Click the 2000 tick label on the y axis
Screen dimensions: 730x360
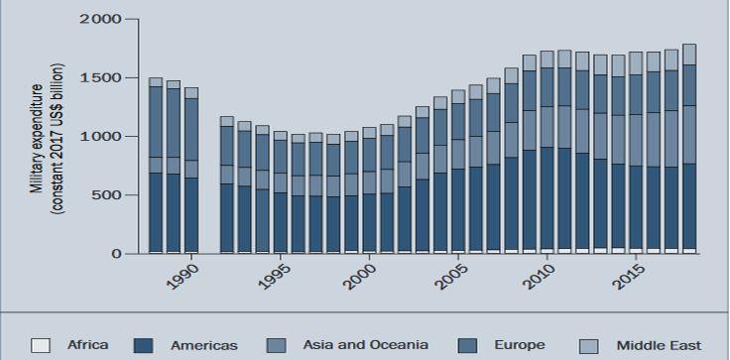[100, 20]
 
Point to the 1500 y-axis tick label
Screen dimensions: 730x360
[100, 77]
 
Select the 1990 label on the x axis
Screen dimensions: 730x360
[182, 277]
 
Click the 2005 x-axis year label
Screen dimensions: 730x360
[450, 277]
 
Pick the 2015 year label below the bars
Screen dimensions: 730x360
[629, 277]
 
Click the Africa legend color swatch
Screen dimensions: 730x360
[40, 345]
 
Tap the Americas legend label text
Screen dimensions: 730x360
[204, 345]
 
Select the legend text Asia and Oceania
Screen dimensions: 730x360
[365, 345]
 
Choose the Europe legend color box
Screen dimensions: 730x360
[467, 345]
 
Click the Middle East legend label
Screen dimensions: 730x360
[659, 345]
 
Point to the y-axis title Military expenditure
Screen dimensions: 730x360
[39, 139]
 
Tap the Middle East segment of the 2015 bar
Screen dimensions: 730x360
[636, 63]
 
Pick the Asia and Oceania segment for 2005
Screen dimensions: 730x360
[458, 154]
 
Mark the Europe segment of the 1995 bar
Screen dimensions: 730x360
[280, 157]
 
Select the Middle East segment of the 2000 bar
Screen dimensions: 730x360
[369, 133]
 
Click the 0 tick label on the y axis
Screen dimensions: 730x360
[116, 254]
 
